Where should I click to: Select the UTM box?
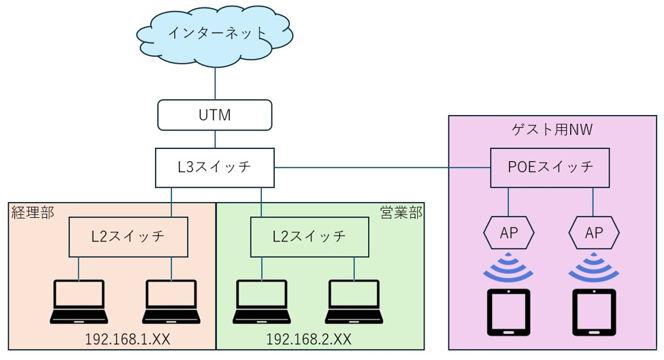point(215,115)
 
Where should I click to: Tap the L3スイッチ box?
point(215,167)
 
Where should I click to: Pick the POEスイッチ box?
point(550,167)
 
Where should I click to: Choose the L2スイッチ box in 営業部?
point(310,236)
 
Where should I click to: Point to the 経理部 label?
point(34,212)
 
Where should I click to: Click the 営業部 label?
point(401,212)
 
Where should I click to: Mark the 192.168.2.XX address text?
point(308,339)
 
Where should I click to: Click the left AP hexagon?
point(508,233)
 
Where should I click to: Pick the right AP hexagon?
point(593,233)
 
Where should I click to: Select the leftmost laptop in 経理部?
point(79,301)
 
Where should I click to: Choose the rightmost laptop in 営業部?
point(354,301)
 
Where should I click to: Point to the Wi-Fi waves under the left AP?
point(509,267)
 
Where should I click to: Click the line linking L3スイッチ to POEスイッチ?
point(381,167)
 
